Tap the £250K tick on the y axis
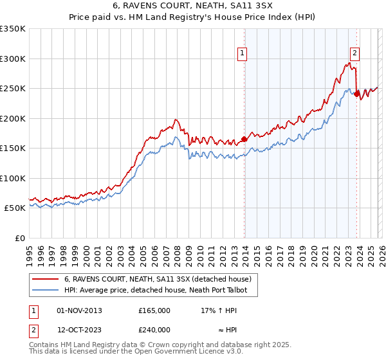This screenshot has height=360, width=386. coord(13,89)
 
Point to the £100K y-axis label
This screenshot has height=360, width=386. coord(13,178)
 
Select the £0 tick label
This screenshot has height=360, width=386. coord(18,238)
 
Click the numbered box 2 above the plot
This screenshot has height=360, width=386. coord(355,54)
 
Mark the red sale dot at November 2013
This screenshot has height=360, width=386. coord(244,139)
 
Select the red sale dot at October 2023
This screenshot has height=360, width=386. coord(356,94)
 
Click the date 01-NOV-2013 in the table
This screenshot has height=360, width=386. coord(79,310)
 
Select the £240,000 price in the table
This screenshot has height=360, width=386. coord(154,330)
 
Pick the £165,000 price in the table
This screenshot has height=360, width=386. coord(154,310)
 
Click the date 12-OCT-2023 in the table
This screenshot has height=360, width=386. coord(79,330)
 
